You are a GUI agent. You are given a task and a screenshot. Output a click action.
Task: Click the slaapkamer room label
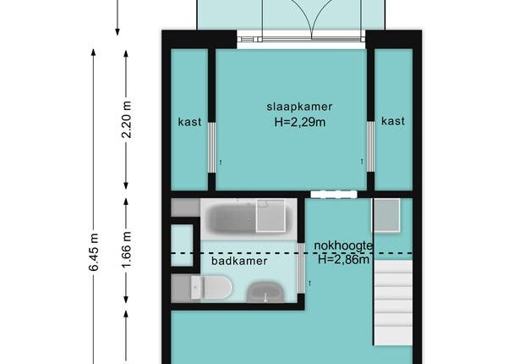(299, 107)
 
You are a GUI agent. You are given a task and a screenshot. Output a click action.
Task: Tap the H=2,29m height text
(299, 122)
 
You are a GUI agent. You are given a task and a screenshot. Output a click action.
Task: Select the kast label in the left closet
(189, 122)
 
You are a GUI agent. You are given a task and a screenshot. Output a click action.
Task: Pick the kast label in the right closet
(393, 121)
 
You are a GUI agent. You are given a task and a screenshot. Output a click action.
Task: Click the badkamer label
(239, 261)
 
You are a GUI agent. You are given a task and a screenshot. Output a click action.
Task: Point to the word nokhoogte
(343, 246)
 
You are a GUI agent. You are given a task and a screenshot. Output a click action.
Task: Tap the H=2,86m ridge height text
(343, 260)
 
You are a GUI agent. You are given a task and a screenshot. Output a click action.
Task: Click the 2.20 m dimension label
(127, 120)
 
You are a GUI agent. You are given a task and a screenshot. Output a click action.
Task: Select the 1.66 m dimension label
(127, 250)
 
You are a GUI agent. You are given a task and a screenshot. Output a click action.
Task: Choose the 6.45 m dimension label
(94, 252)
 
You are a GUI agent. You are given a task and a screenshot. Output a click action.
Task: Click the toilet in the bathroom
(211, 288)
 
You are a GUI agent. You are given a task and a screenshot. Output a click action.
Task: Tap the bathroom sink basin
(265, 292)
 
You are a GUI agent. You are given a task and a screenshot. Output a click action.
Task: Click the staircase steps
(393, 302)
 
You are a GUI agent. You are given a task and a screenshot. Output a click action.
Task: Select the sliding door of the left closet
(212, 147)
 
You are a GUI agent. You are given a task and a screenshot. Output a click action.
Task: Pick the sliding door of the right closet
(370, 146)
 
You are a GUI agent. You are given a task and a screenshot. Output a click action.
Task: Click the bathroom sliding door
(301, 267)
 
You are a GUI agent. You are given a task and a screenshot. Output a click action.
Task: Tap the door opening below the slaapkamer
(334, 195)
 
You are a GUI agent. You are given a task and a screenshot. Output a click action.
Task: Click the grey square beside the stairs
(387, 215)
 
